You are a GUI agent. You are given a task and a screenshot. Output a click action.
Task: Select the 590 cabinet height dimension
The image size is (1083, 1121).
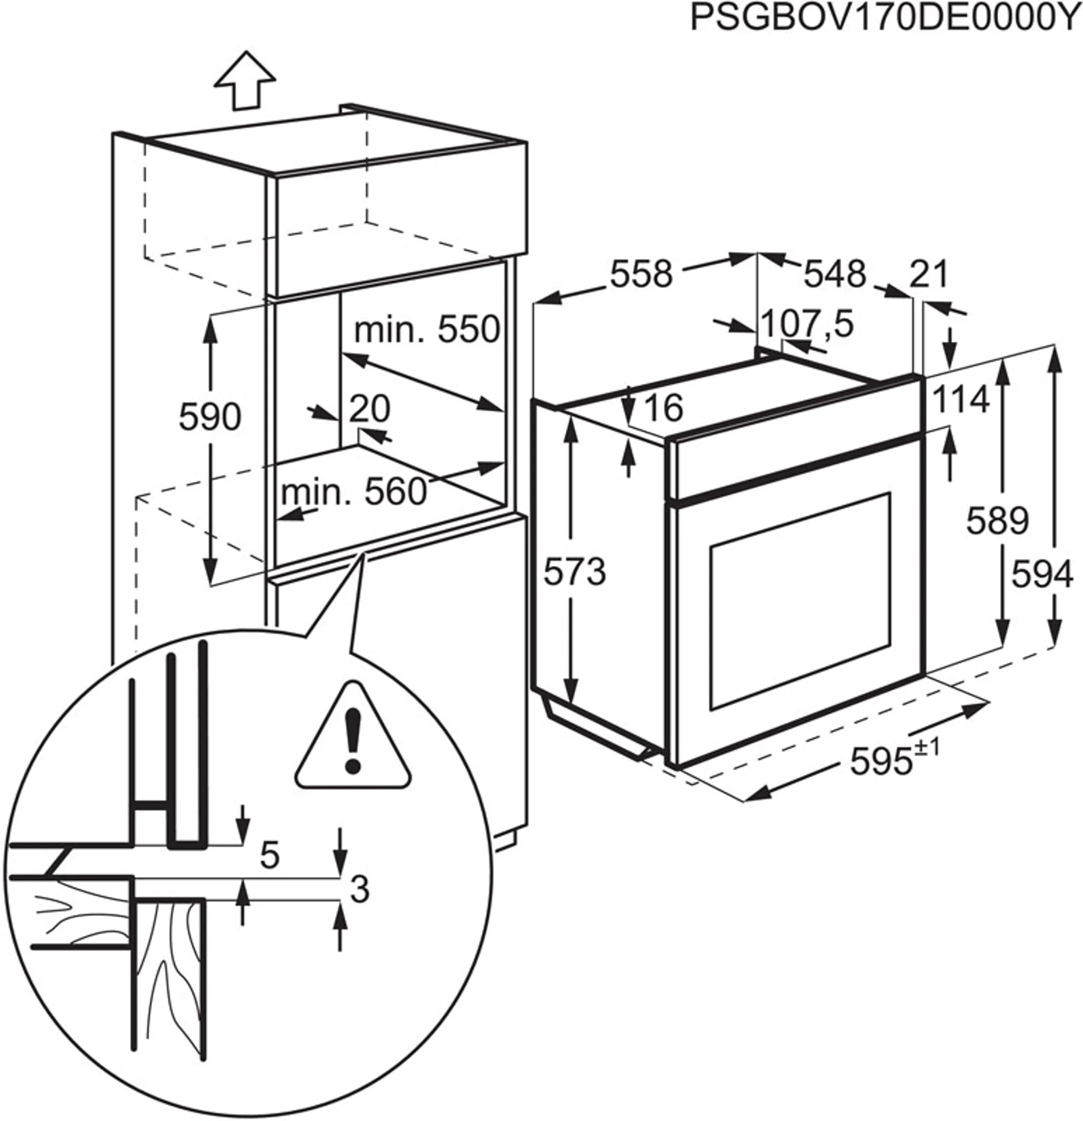[x=210, y=417]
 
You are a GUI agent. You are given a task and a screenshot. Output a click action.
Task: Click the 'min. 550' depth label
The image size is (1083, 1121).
[x=427, y=330]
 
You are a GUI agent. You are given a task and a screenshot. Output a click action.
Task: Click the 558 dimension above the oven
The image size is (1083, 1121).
[x=641, y=274]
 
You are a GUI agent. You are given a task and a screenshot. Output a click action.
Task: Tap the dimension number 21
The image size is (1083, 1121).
[x=929, y=274]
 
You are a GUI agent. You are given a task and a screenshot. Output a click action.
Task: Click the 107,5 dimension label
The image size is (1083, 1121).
[x=808, y=325]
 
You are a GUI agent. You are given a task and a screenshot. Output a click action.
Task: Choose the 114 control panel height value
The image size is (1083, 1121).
[x=961, y=399]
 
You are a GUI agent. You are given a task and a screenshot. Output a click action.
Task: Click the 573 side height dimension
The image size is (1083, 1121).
[x=574, y=572]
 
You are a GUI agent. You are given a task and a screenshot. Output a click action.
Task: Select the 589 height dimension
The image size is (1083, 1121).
[x=997, y=521]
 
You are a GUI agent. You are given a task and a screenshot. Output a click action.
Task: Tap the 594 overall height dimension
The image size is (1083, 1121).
[x=1042, y=575]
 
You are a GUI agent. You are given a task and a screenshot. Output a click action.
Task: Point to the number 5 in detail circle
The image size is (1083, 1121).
[x=269, y=856]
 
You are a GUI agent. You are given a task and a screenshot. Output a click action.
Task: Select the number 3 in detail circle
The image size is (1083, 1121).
[x=358, y=890]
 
